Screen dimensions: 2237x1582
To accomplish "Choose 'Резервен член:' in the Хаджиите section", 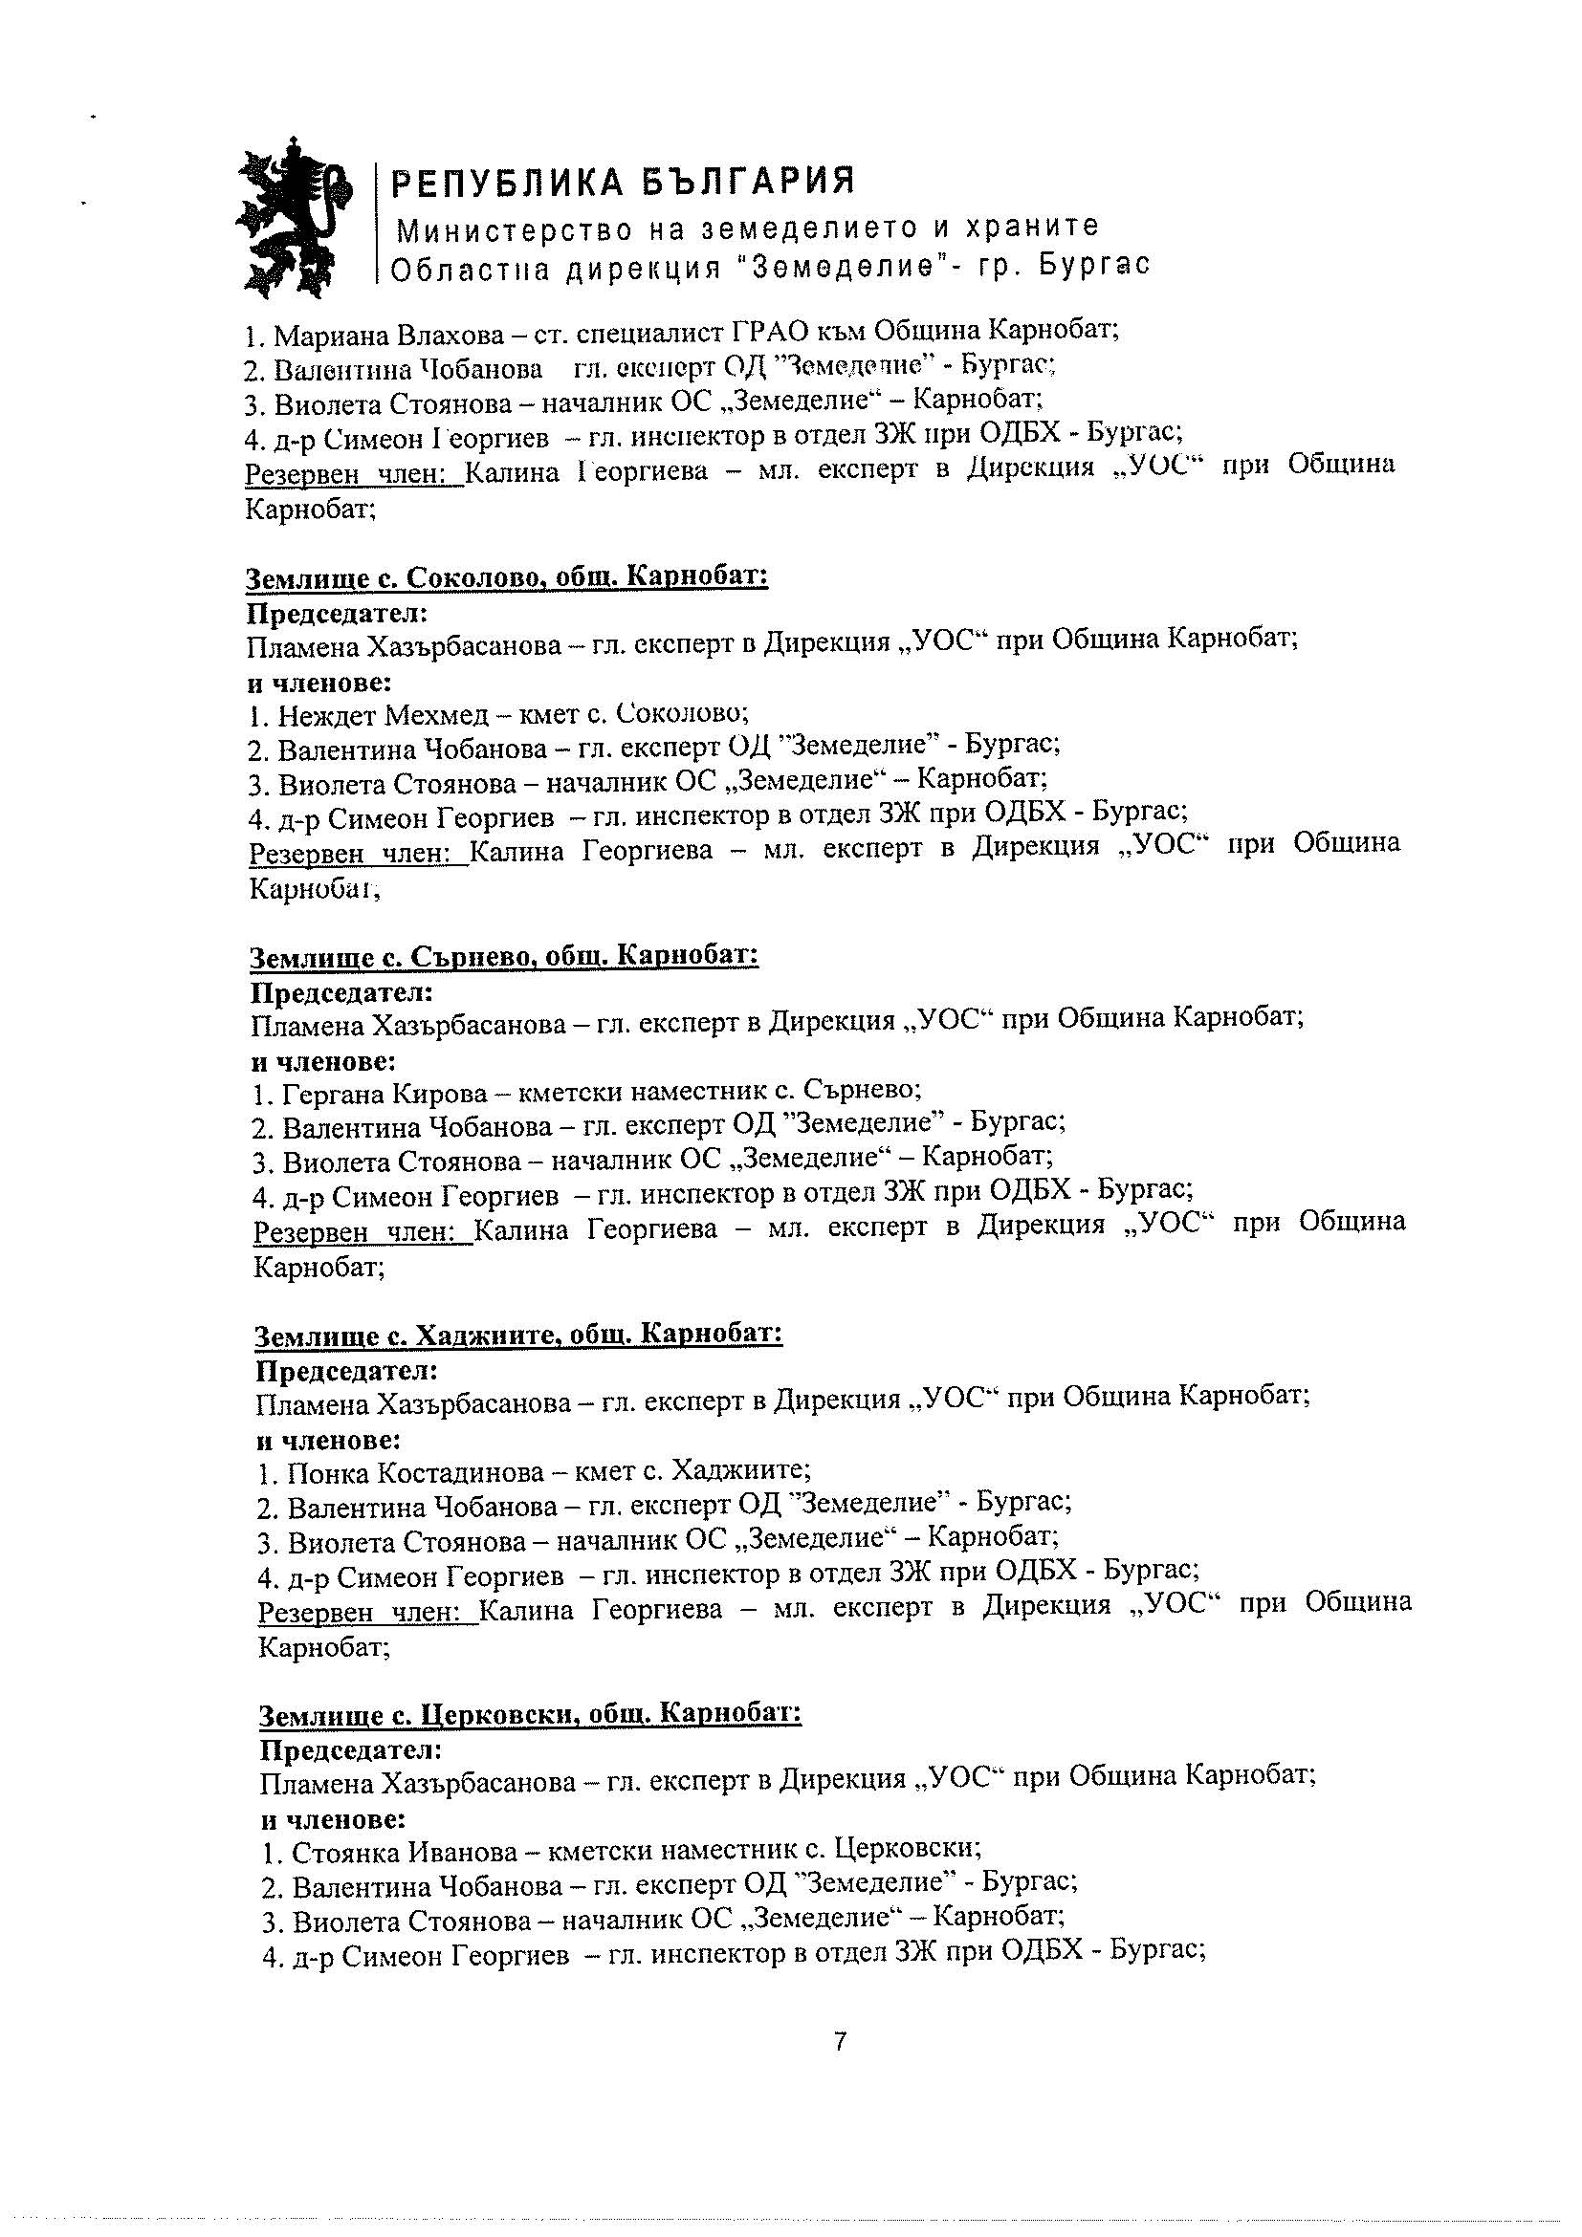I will pos(366,1613).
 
